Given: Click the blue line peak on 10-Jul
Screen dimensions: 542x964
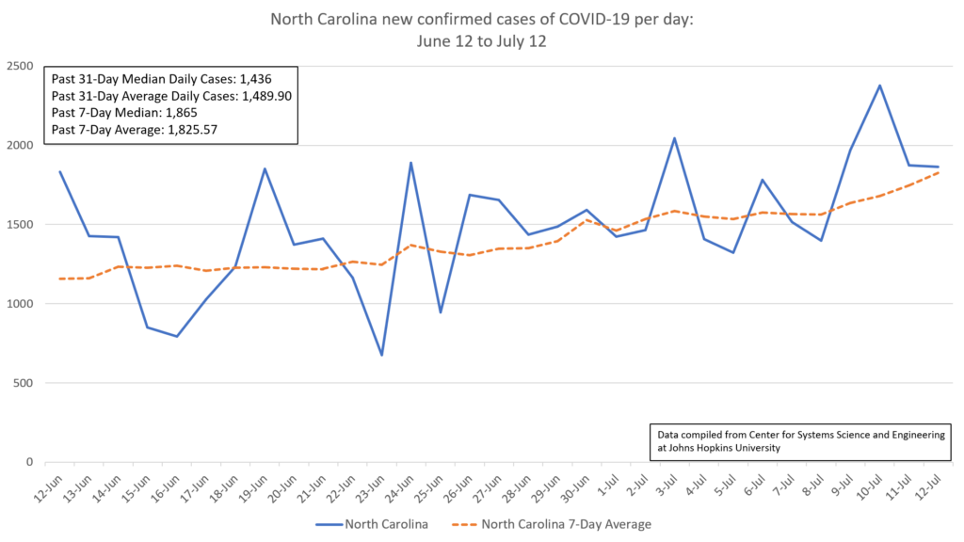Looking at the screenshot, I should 879,86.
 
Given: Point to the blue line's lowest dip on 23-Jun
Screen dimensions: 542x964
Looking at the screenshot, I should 381,355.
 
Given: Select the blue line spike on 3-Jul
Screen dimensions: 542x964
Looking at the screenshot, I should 674,138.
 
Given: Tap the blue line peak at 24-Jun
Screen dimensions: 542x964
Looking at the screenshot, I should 410,163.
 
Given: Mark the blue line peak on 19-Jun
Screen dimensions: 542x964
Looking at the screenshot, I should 265,169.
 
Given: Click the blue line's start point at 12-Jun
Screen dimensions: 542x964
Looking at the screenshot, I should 60,171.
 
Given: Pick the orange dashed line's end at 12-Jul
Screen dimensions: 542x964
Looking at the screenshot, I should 938,172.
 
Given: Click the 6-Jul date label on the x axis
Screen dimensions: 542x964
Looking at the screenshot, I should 756,489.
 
